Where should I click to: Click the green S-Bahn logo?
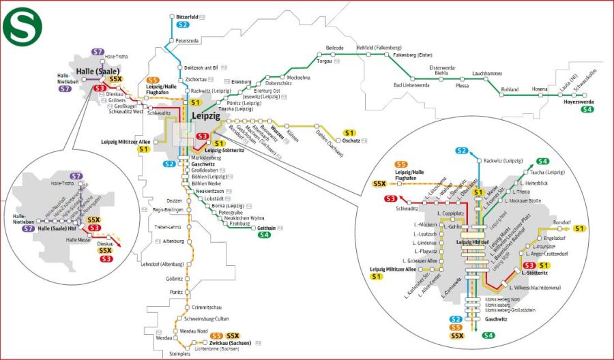click(x=22, y=22)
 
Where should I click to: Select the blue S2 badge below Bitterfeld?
click(x=182, y=25)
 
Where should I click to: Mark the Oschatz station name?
click(x=351, y=140)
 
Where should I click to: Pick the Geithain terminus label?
click(x=266, y=228)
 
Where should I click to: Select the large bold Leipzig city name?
click(x=207, y=117)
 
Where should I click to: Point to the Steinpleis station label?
click(x=180, y=354)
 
